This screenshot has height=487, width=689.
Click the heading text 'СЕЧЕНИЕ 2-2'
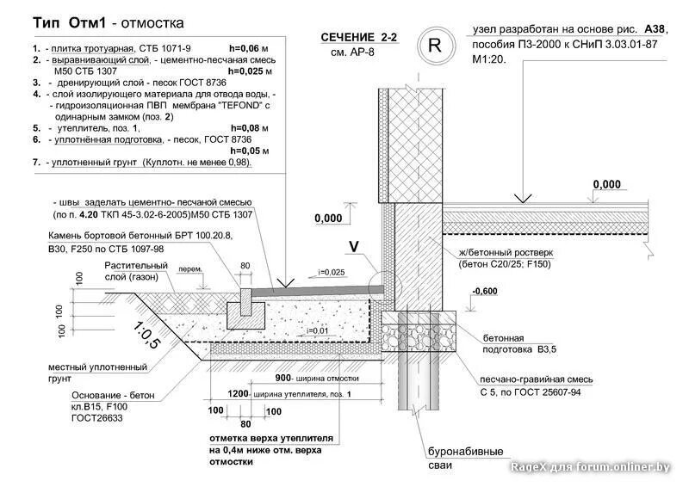click(359, 37)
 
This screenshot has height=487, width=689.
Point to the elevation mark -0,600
click(486, 292)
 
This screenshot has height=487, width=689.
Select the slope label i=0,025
click(331, 272)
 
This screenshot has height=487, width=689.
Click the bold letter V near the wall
click(353, 246)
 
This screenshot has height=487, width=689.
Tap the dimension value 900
click(282, 378)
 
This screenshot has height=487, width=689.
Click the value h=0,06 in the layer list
click(249, 48)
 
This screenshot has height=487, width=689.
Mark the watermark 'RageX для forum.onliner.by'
click(590, 466)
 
